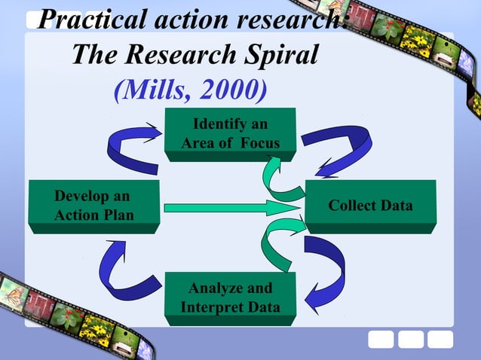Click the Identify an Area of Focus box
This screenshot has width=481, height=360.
[230, 133]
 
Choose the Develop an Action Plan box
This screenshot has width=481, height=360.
[93, 206]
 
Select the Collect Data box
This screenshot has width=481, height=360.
[370, 206]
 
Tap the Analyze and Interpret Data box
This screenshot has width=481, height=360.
[230, 298]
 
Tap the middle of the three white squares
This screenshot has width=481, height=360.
[410, 340]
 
